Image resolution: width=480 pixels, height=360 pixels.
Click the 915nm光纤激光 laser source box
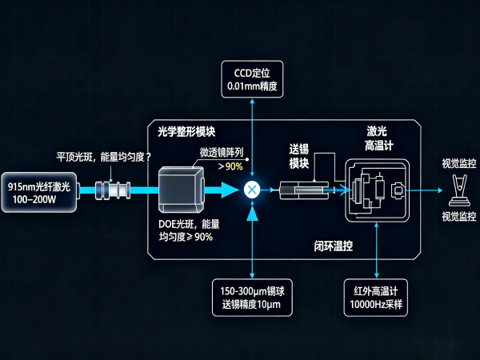[x=39, y=192]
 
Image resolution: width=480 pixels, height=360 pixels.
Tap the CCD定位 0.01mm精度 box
[x=252, y=79]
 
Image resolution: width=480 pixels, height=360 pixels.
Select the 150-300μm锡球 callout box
[x=252, y=298]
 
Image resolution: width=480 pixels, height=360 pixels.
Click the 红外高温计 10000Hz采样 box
[x=376, y=298]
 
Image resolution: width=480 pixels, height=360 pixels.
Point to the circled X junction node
[x=252, y=190]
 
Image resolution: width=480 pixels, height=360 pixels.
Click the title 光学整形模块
[x=186, y=132]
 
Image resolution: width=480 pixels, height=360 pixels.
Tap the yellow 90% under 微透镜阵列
[x=234, y=166]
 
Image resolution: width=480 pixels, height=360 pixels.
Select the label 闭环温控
[x=334, y=246]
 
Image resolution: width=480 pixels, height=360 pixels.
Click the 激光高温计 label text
[x=378, y=138]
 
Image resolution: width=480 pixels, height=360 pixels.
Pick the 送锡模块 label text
[x=298, y=157]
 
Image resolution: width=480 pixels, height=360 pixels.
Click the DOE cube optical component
[x=181, y=190]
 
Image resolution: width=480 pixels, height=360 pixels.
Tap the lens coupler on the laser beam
[x=113, y=190]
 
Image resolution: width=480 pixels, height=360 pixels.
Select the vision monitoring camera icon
[x=459, y=190]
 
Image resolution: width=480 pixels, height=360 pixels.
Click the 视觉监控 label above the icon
[x=459, y=163]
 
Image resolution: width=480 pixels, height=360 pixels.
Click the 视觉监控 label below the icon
[x=459, y=217]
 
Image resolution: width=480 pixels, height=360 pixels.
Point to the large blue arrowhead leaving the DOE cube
[x=228, y=190]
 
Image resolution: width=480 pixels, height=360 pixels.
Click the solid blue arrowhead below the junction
[x=252, y=214]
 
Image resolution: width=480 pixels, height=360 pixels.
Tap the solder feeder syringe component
[x=304, y=190]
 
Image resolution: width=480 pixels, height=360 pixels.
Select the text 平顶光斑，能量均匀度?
[x=104, y=157]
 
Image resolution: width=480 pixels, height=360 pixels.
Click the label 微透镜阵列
[x=222, y=152]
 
